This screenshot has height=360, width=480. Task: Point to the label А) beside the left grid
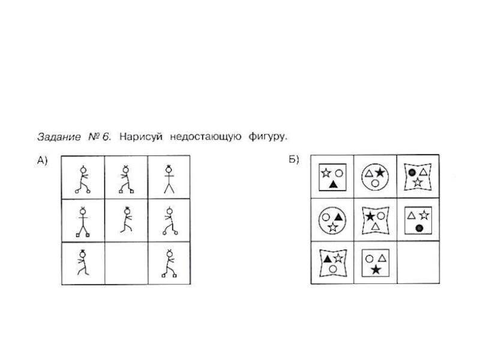point(42,160)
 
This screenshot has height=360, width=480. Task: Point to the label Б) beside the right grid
point(294,160)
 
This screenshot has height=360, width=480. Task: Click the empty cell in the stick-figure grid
point(125,263)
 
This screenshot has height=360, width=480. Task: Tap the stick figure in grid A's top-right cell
point(169,178)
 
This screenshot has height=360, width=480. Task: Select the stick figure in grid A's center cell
point(125,220)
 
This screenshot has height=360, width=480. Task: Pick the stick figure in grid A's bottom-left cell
point(82,262)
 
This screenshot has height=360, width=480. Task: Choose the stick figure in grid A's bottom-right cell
point(169,263)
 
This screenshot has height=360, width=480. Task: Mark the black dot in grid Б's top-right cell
point(412,172)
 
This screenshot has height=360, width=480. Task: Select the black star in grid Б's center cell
point(370,216)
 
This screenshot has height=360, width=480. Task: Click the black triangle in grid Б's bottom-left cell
point(327,259)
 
